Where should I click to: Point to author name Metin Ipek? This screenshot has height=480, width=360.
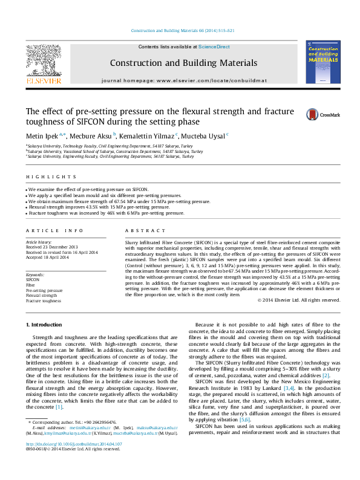pyautogui.click(x=41, y=136)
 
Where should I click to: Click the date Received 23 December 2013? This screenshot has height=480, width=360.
pyautogui.click(x=52, y=247)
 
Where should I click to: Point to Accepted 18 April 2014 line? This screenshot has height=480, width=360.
pyautogui.click(x=48, y=257)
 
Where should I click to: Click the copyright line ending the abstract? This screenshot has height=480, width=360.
pyautogui.click(x=298, y=300)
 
